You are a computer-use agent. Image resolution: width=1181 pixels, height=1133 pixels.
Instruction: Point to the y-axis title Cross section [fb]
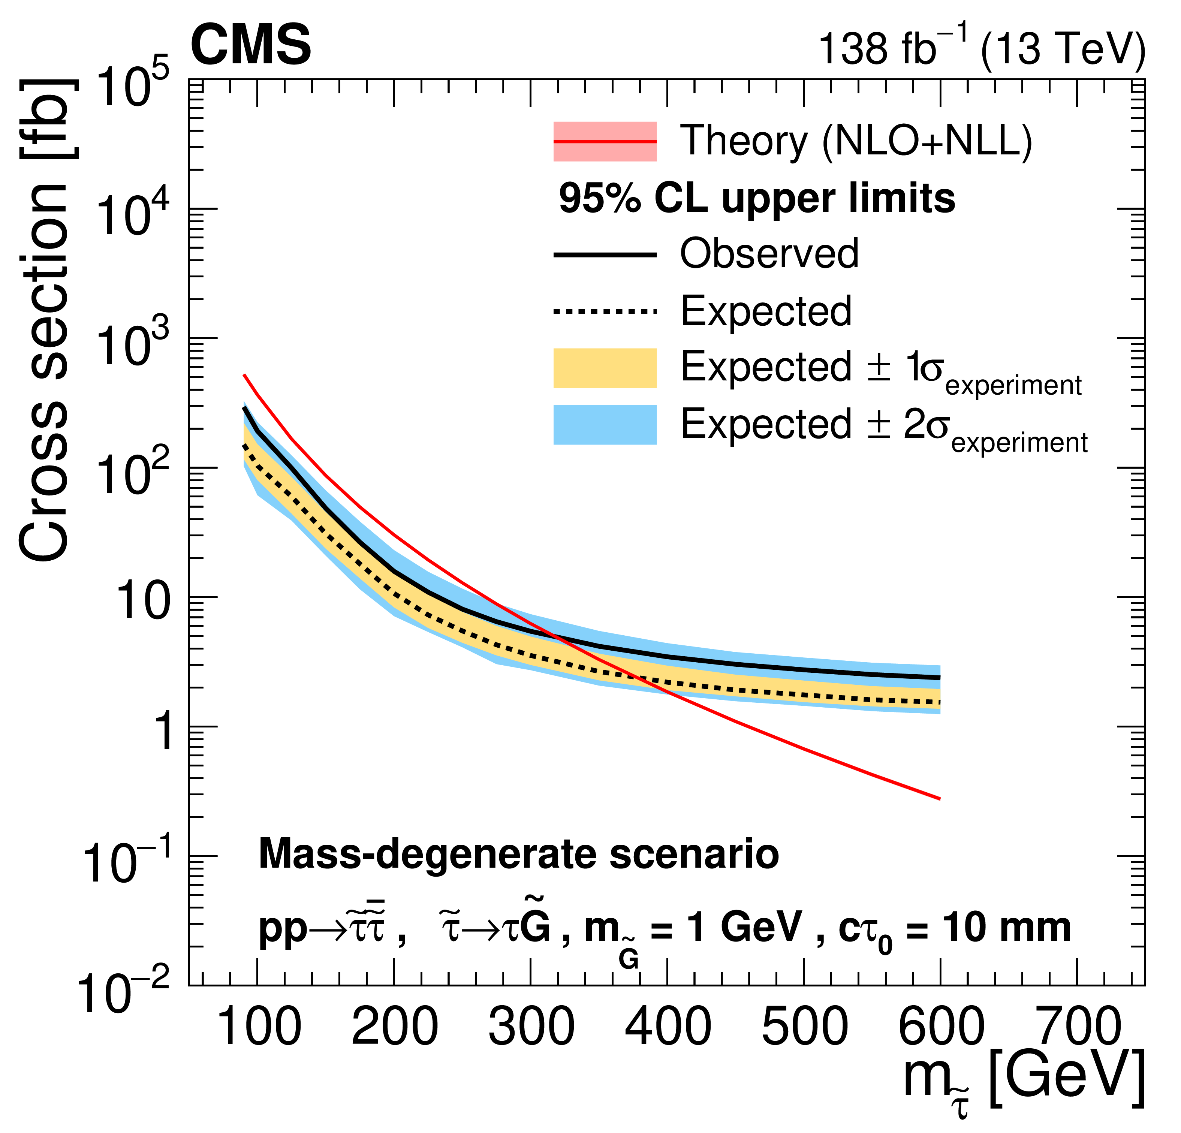coord(45,319)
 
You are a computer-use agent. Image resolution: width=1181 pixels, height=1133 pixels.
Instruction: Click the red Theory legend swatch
coord(605,142)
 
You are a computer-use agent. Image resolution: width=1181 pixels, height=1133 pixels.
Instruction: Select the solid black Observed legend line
coord(605,255)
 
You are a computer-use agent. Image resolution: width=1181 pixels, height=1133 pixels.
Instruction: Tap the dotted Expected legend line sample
coord(605,311)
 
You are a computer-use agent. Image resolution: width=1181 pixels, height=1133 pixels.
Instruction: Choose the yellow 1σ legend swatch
coord(605,368)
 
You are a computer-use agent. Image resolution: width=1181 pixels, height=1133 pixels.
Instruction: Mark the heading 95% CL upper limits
coord(757,199)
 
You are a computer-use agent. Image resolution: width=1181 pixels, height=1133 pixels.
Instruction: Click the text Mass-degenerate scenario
coord(518,855)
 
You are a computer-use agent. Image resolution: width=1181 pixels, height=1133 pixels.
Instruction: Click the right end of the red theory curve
coord(939,799)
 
